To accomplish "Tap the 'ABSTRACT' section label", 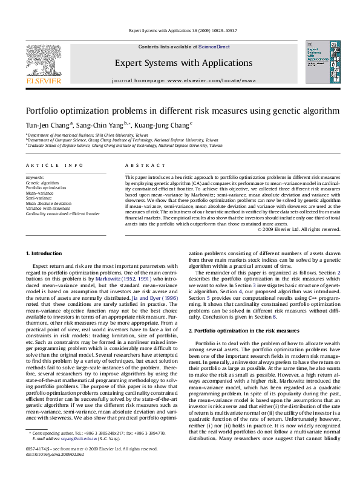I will (x=137, y=165).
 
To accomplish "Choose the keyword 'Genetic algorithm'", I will (x=42, y=182).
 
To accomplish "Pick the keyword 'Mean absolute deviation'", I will (x=48, y=204).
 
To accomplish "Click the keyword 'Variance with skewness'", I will (x=48, y=209).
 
